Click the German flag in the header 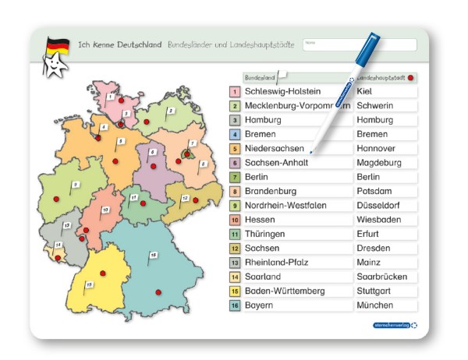[57, 45]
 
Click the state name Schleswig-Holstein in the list [282, 92]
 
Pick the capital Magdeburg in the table [378, 163]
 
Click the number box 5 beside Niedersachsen [235, 149]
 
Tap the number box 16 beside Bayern [235, 305]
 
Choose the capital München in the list [375, 305]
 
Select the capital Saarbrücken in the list [382, 277]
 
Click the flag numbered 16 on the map [153, 255]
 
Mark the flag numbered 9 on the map [76, 185]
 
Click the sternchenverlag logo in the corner [392, 325]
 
